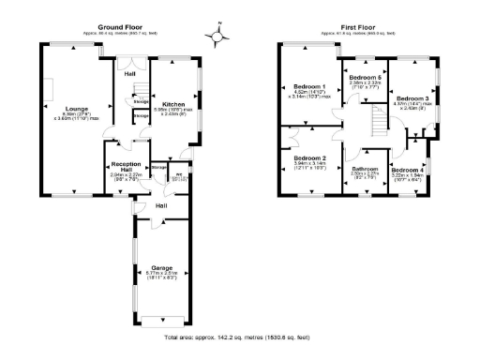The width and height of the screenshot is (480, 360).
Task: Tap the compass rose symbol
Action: click(218, 37)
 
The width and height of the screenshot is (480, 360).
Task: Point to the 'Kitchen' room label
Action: click(173, 104)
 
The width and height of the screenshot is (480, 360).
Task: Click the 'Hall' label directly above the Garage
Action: click(161, 205)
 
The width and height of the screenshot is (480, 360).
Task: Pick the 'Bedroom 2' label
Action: click(308, 158)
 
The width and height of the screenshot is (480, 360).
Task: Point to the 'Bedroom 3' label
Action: click(412, 98)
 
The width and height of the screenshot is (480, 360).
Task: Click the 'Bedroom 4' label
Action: click(408, 169)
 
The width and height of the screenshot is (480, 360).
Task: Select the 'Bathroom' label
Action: click(365, 169)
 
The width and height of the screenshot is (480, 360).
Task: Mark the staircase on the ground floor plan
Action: click(138, 90)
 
